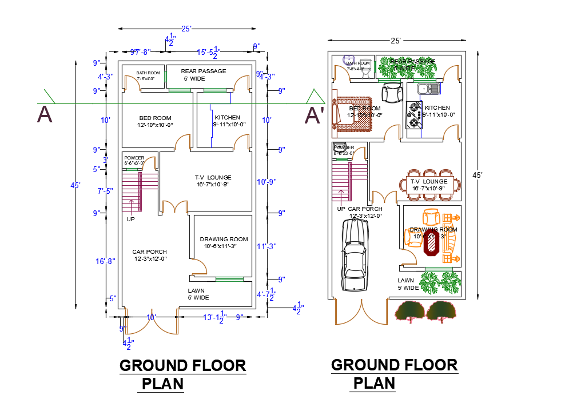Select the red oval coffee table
point(431,242)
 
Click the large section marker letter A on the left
point(45,114)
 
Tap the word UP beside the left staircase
point(131,219)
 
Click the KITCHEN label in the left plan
point(227,117)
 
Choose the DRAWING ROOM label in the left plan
point(224,239)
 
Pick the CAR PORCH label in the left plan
point(149,252)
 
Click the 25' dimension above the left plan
point(186,28)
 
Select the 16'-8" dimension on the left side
point(105,261)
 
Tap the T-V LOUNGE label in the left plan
point(213,177)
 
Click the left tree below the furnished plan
point(410,312)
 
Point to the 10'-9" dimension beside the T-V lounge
point(266,182)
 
